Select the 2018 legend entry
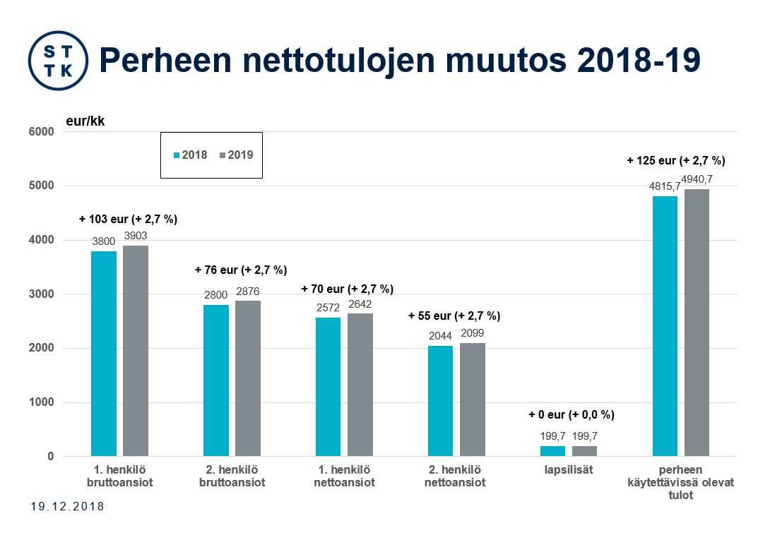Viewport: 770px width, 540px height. point(191,155)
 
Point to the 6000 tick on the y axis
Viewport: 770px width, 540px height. point(41,132)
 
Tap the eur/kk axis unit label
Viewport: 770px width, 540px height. point(85,121)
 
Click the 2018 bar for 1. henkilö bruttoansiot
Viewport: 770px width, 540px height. point(104,354)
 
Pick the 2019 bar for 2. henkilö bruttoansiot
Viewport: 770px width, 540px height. point(248,378)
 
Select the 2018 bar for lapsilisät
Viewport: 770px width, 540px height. point(553,451)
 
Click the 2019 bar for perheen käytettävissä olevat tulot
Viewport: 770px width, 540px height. point(697,323)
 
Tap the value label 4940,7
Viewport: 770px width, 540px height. point(697,179)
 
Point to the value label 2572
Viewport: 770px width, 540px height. point(328,308)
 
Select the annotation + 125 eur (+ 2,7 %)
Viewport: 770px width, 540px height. point(676,160)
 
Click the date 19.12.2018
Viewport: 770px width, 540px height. point(68,507)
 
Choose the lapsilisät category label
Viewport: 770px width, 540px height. point(569,469)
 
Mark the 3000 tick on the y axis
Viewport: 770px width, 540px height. point(41,294)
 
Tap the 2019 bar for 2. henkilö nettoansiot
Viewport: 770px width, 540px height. point(473,400)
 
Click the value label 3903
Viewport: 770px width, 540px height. point(136,236)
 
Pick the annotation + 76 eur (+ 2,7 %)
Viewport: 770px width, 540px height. point(241,270)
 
